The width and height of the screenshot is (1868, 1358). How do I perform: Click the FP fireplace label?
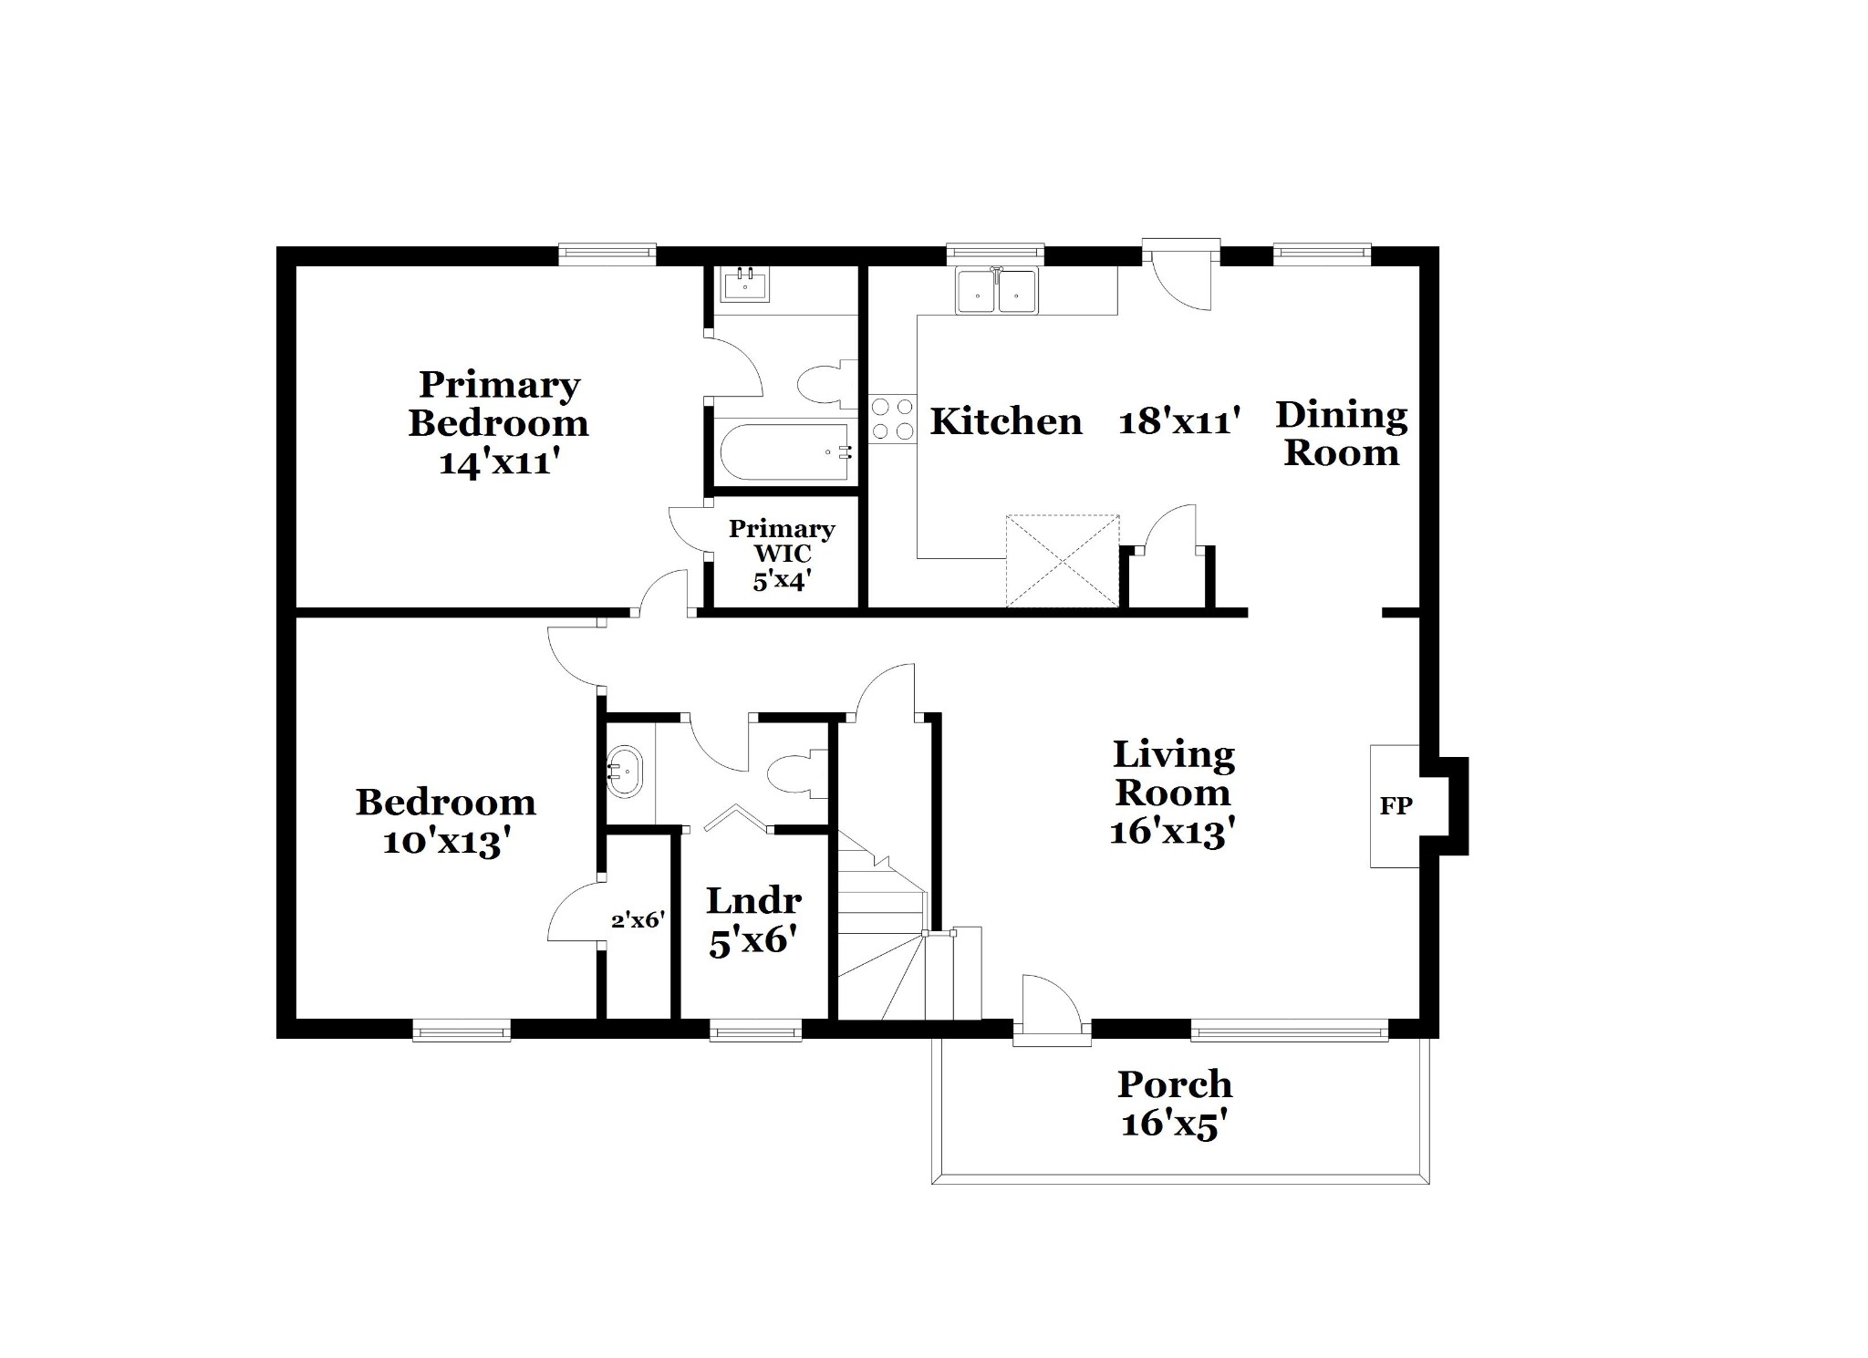[1396, 805]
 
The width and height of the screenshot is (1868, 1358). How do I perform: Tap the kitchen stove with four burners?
[892, 419]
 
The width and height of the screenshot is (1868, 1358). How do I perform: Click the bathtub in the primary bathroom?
[785, 451]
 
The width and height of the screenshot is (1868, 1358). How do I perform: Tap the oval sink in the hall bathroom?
[625, 772]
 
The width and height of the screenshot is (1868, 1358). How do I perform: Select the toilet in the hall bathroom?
[797, 772]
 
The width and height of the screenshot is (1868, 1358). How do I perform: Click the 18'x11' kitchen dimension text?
[1178, 422]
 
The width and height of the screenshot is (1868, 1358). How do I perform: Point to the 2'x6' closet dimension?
[637, 920]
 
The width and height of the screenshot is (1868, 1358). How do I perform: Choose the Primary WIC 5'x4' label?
[782, 555]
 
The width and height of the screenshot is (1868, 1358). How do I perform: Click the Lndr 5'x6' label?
[753, 920]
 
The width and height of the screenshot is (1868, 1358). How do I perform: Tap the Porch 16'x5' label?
[1175, 1104]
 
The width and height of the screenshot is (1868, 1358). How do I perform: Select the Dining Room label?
[1341, 433]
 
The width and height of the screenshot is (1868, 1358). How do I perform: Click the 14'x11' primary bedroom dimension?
[498, 462]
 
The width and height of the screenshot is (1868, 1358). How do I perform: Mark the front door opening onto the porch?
[1052, 1011]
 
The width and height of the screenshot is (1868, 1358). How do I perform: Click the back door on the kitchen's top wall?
[1181, 274]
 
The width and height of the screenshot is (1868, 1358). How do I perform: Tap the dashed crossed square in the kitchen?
[1063, 561]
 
